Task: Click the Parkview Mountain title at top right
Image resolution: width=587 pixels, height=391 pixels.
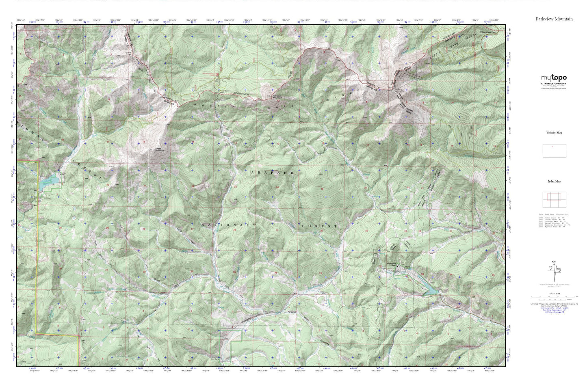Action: click(x=554, y=19)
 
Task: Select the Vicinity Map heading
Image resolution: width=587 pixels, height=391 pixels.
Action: click(x=554, y=132)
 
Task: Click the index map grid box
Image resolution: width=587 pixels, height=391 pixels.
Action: click(x=554, y=200)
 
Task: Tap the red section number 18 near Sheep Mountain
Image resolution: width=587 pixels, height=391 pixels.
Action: click(x=144, y=141)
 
